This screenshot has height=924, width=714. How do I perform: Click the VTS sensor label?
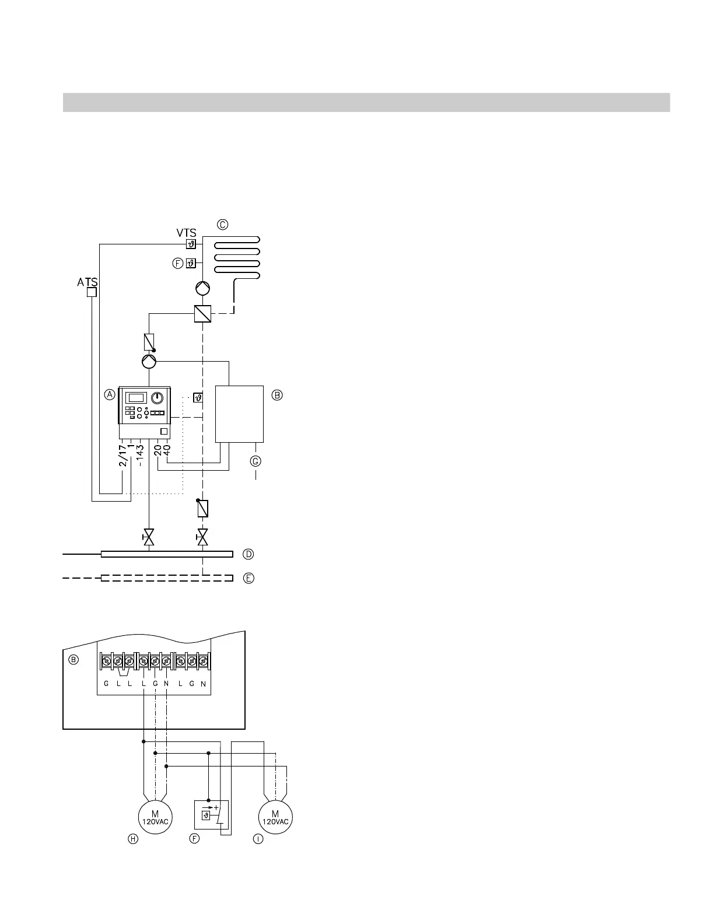pyautogui.click(x=186, y=233)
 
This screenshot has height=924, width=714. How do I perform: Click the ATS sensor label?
pyautogui.click(x=87, y=282)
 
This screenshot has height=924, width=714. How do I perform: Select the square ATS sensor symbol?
pyautogui.click(x=91, y=292)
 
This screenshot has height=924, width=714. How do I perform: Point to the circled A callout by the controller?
pyautogui.click(x=110, y=395)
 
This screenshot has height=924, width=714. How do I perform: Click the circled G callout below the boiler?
pyautogui.click(x=256, y=461)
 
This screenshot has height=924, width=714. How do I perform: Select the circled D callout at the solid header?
pyautogui.click(x=248, y=554)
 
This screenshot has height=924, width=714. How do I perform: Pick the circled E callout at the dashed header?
pyautogui.click(x=249, y=579)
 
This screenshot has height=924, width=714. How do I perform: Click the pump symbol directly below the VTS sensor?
pyautogui.click(x=202, y=288)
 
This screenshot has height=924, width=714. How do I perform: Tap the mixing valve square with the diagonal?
pyautogui.click(x=202, y=314)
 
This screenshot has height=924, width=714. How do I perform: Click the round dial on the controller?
pyautogui.click(x=157, y=398)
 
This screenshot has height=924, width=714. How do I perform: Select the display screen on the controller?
pyautogui.click(x=136, y=398)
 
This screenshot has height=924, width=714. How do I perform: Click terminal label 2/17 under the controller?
pyautogui.click(x=123, y=456)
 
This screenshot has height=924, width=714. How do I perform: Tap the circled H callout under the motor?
pyautogui.click(x=133, y=839)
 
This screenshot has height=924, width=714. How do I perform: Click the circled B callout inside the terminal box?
pyautogui.click(x=73, y=660)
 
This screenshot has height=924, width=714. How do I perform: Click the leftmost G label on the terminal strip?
pyautogui.click(x=106, y=684)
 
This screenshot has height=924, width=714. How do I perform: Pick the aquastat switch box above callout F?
pyautogui.click(x=211, y=815)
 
